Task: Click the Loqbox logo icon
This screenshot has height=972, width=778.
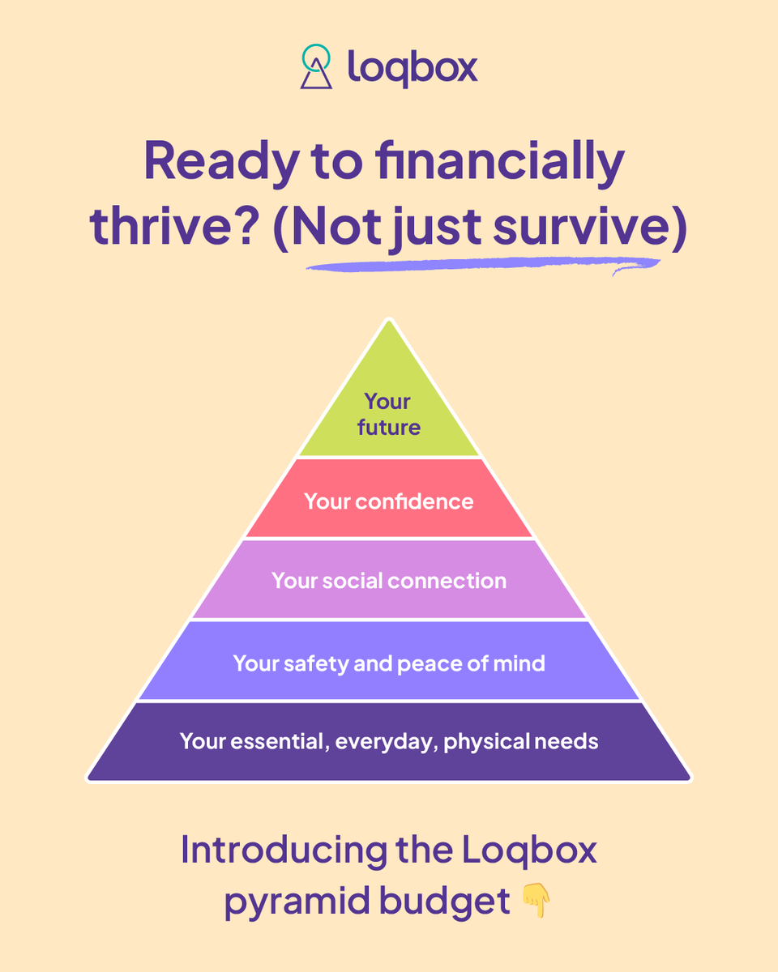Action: pos(316,66)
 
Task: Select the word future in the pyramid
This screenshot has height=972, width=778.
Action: pos(389,427)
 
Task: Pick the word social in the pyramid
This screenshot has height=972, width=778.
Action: pos(353,581)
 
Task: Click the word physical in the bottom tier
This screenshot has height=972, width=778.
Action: pos(485,742)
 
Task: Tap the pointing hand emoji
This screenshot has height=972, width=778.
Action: pos(536,901)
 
